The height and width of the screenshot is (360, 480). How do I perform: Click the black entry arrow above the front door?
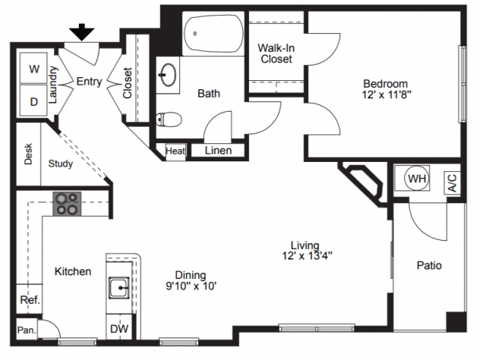82,32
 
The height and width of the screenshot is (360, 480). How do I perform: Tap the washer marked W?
33,68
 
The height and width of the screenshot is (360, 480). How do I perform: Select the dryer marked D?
33,100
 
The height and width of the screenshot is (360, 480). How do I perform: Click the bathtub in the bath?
213,33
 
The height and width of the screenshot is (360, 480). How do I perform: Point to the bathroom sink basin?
167,74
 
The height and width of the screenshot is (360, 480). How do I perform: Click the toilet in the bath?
168,119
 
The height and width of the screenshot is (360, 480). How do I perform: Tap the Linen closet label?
218,150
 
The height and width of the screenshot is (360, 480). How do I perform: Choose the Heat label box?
175,151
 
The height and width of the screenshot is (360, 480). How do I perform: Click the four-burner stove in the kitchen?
67,204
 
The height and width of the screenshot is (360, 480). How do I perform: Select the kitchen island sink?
119,288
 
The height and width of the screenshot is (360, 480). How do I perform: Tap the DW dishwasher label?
119,329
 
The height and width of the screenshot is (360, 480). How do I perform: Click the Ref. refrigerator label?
30,300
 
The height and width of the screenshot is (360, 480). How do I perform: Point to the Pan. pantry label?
27,330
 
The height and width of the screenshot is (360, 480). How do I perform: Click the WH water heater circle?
417,178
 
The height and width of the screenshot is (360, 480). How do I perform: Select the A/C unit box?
452,183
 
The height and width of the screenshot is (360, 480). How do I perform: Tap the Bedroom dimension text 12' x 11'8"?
386,94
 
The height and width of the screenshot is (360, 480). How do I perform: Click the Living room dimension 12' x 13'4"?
307,255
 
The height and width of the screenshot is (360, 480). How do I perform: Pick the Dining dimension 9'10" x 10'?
191,286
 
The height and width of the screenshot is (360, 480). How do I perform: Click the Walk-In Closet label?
276,53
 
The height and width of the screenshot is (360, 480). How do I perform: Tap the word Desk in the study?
28,154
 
